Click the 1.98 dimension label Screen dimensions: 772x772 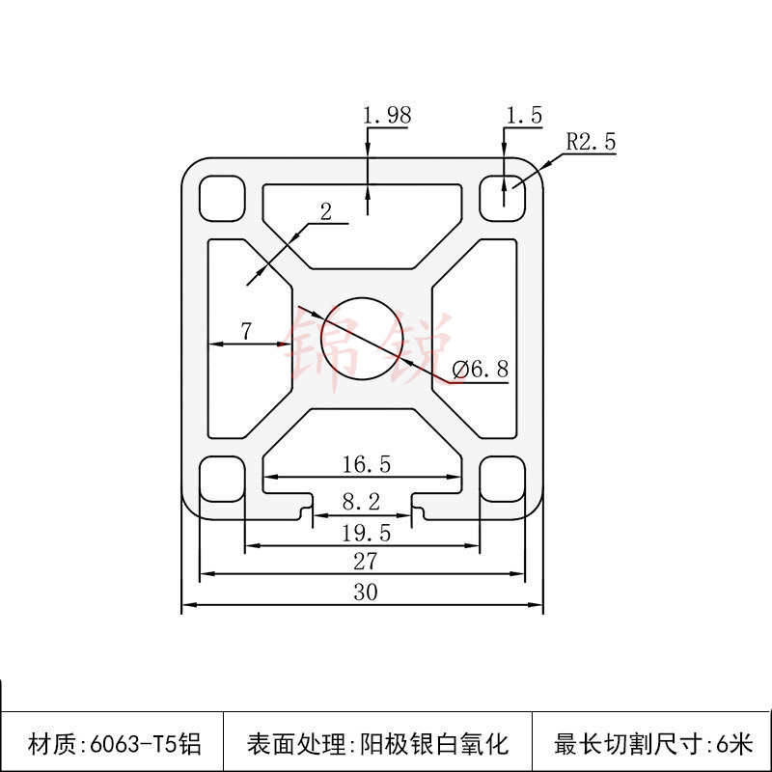click(x=387, y=115)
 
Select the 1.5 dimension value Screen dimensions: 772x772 click(x=524, y=116)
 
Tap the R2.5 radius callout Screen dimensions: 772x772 click(x=591, y=142)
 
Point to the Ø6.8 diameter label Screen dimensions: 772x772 click(x=480, y=369)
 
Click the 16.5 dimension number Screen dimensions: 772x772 click(x=366, y=464)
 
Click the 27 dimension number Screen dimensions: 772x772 click(x=365, y=561)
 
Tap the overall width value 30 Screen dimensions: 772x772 click(x=365, y=593)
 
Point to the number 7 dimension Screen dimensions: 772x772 click(x=246, y=331)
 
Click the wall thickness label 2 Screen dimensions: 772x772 click(x=325, y=212)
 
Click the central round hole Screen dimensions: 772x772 click(x=359, y=337)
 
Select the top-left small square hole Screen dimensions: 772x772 click(x=221, y=197)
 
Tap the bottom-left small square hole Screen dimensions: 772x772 click(x=221, y=479)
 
